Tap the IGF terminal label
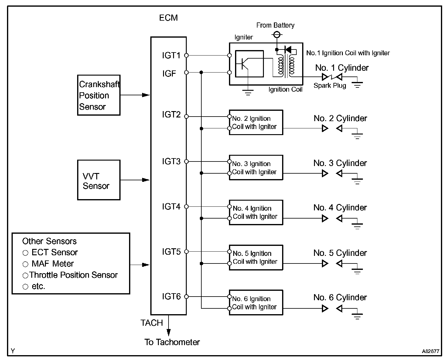click(x=169, y=73)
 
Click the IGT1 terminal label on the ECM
click(x=171, y=56)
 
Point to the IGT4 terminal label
click(x=171, y=207)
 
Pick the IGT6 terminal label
click(x=171, y=297)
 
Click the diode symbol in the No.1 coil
click(x=288, y=50)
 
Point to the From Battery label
click(x=275, y=25)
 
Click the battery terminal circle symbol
click(x=277, y=35)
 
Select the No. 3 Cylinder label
click(x=340, y=163)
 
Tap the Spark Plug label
click(x=330, y=86)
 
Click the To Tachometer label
click(x=172, y=342)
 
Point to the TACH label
click(x=152, y=323)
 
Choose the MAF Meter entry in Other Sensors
click(x=53, y=264)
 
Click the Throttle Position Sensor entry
click(x=73, y=275)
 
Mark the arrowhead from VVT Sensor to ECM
click(x=146, y=180)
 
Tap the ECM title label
click(x=169, y=18)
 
